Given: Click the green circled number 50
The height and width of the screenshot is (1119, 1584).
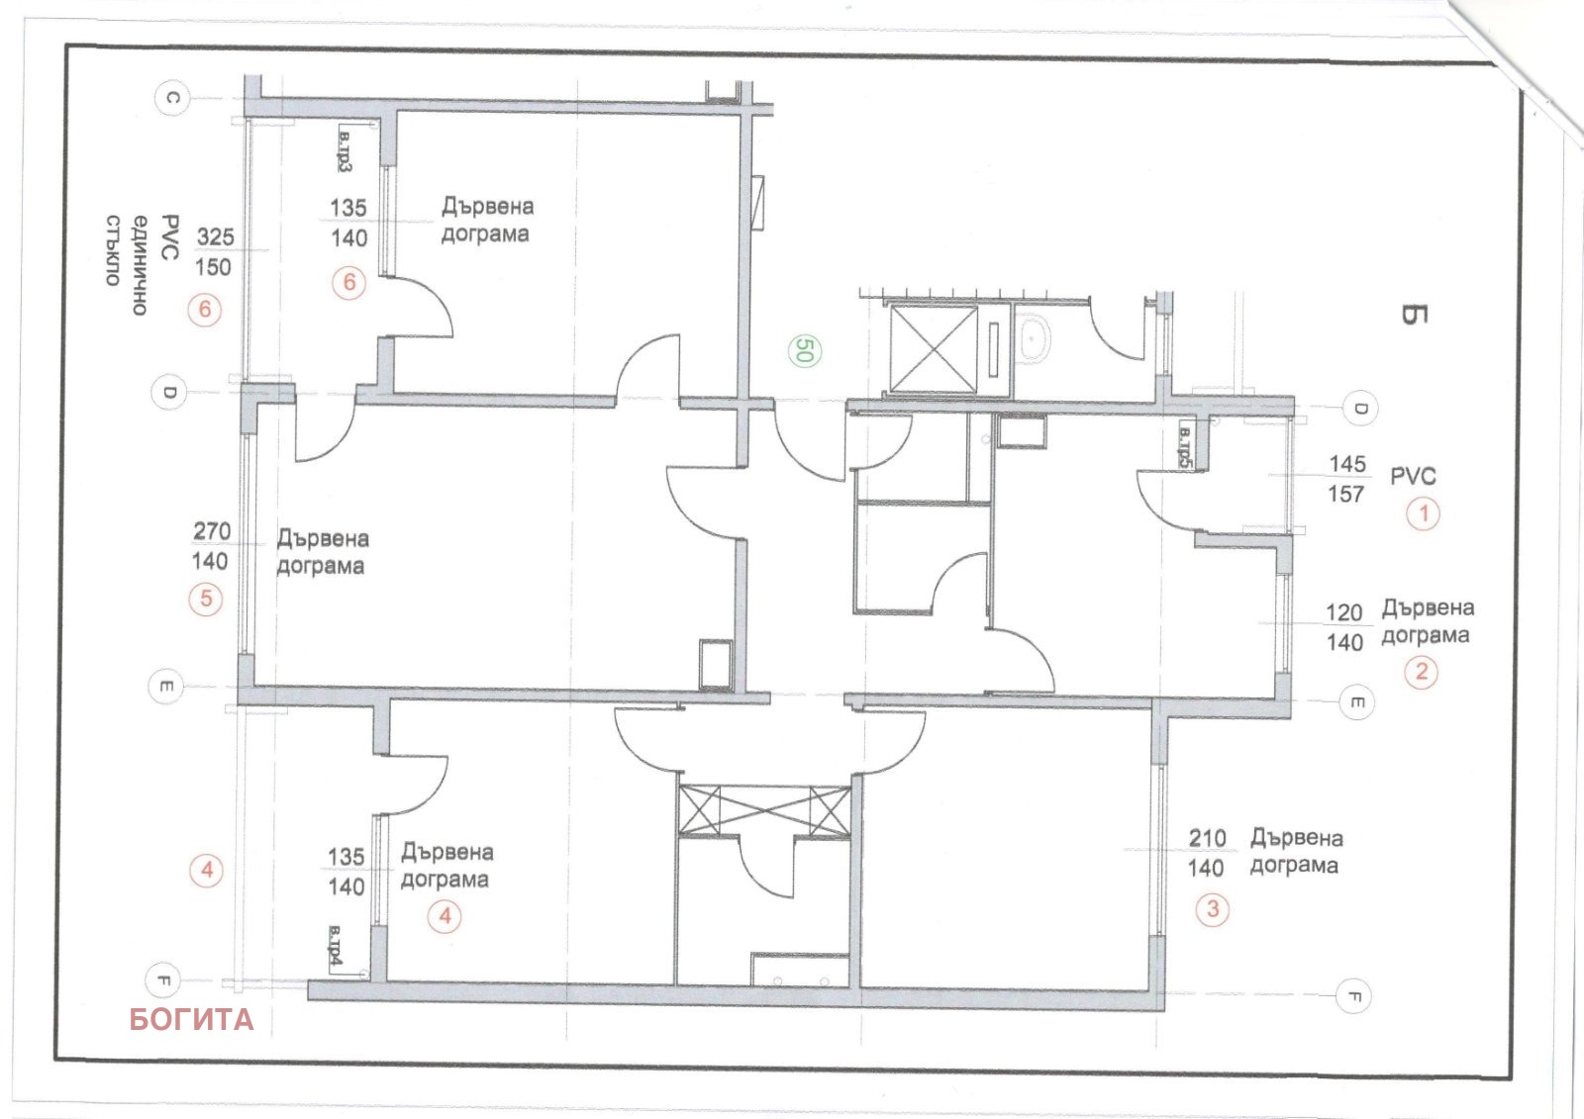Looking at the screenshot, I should click(x=803, y=350).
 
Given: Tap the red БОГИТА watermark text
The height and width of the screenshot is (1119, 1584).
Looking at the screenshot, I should click(x=191, y=1019).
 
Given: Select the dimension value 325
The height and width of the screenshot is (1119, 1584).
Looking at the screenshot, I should click(x=215, y=236).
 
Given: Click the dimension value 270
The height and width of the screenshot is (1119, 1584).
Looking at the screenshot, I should click(x=212, y=531).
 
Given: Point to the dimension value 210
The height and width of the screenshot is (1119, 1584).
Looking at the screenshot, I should click(x=1207, y=838).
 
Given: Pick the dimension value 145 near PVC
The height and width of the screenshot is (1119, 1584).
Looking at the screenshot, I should click(x=1347, y=463).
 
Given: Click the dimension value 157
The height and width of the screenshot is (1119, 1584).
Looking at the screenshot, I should click(x=1345, y=494).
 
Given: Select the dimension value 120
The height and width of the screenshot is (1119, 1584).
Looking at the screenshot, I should click(x=1344, y=612).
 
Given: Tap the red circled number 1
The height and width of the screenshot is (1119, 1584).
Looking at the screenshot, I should click(x=1424, y=513).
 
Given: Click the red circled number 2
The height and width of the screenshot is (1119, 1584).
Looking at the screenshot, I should click(x=1422, y=672).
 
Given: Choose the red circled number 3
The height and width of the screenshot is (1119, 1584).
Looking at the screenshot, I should click(x=1213, y=908).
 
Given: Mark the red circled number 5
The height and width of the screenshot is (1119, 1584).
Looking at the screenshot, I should click(x=206, y=598).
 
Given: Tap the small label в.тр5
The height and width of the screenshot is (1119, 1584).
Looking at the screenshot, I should click(x=1184, y=447).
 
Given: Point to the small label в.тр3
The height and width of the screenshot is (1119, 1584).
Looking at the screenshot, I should click(x=345, y=150).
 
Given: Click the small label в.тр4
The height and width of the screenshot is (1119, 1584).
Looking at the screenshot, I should click(x=335, y=948).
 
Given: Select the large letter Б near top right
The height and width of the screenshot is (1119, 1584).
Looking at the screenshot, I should click(x=1413, y=315).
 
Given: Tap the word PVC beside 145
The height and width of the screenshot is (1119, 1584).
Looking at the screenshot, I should click(x=1413, y=476).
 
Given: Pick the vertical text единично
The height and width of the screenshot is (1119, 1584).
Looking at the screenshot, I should click(x=141, y=264).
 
